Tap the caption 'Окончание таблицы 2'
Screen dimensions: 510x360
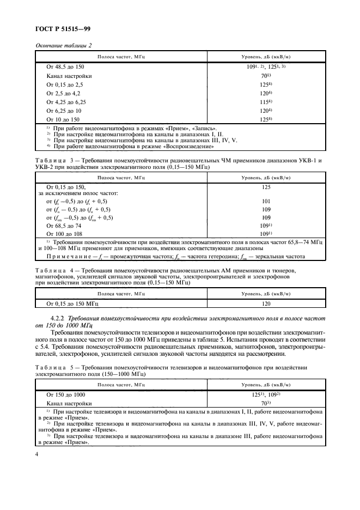(64, 46)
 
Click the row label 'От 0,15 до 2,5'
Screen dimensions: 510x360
(65, 84)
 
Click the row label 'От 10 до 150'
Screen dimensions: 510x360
(63, 119)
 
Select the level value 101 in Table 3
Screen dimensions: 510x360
(266, 201)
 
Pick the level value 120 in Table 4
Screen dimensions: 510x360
(266, 303)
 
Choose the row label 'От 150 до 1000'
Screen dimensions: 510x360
(66, 394)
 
